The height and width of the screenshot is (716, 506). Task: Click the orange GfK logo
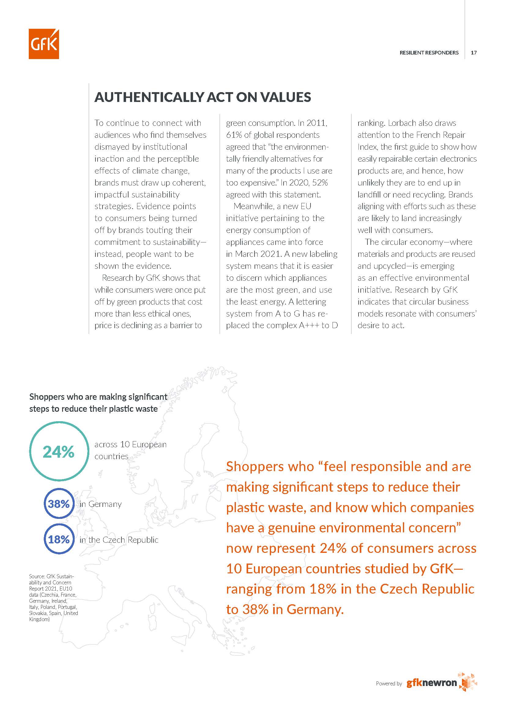(44, 44)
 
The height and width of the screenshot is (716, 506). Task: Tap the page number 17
(473, 53)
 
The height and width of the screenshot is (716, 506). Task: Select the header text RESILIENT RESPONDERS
(429, 53)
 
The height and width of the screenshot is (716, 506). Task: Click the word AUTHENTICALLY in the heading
(149, 97)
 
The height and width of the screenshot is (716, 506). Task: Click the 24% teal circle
(59, 451)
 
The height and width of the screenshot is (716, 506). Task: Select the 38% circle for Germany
(59, 504)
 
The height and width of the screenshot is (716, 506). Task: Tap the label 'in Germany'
(100, 504)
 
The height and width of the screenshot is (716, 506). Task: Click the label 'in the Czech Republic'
(119, 540)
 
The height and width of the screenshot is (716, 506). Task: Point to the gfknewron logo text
(432, 683)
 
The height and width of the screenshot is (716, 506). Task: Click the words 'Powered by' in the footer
(389, 684)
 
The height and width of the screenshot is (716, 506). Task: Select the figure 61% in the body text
(234, 135)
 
